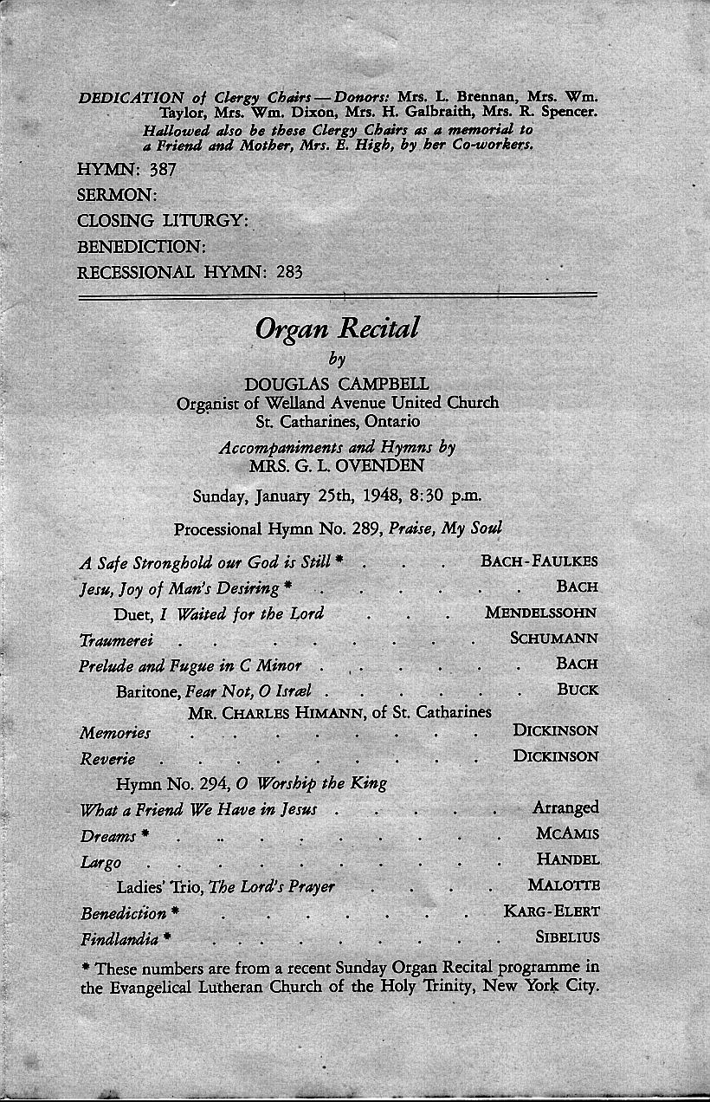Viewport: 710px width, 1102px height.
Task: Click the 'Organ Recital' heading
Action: pos(337,327)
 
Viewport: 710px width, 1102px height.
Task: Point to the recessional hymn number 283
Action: pos(289,271)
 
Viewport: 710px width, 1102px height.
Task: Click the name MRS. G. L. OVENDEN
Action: pos(337,466)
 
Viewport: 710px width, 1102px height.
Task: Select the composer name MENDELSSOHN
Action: pos(541,613)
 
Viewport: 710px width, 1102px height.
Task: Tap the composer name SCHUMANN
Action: pos(554,639)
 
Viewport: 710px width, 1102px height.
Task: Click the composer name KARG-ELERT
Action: pos(552,911)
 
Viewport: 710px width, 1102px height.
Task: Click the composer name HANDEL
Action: pos(567,860)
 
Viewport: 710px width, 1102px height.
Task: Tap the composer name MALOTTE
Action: pos(563,885)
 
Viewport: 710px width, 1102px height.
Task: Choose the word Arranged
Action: pos(565,808)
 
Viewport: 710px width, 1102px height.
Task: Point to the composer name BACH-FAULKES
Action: pos(539,561)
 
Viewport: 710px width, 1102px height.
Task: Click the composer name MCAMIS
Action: pos(567,834)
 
